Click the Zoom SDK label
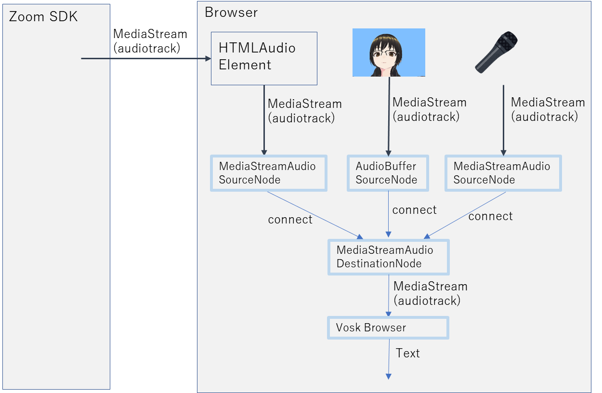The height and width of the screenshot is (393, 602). [43, 17]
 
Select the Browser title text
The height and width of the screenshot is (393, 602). [231, 13]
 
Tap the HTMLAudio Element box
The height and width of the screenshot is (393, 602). [264, 58]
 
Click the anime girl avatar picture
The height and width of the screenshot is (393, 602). [389, 52]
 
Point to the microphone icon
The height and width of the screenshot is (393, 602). [497, 52]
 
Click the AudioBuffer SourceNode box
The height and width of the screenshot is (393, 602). [388, 173]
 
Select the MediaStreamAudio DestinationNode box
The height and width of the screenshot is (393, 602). [388, 257]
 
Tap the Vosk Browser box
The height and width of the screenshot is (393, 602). [388, 327]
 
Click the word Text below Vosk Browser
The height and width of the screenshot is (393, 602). [407, 353]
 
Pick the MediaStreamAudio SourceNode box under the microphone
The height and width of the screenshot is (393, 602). [503, 173]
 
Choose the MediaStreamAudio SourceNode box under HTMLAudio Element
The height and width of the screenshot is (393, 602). [269, 173]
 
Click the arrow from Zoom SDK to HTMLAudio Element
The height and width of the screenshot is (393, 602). [144, 58]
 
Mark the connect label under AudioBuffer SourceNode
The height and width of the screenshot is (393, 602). [414, 210]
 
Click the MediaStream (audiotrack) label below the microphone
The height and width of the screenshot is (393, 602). [548, 109]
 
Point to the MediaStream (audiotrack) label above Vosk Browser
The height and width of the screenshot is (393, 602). [430, 293]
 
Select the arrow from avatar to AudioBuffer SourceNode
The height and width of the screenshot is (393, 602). [389, 116]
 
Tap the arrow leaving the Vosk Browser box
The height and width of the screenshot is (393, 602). [389, 359]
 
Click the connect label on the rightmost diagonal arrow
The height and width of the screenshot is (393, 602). [490, 216]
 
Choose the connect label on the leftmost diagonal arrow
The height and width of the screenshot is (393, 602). [290, 220]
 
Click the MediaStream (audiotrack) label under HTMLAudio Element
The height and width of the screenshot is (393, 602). [304, 111]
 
